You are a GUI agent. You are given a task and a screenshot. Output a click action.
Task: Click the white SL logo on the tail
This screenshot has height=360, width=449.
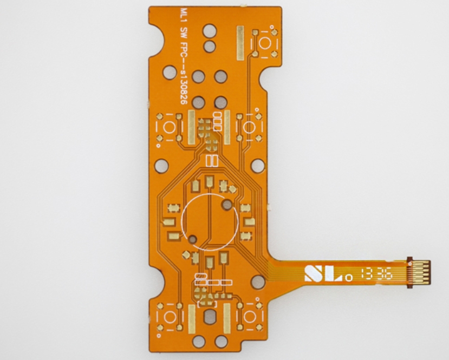click(x=323, y=273)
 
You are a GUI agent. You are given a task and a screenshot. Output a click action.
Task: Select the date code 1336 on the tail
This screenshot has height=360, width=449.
click(x=376, y=275)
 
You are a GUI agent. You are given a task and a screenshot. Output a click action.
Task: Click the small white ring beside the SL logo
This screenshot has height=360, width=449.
click(x=348, y=278)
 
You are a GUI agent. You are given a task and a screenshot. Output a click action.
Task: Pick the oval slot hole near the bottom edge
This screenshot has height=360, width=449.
click(x=209, y=317)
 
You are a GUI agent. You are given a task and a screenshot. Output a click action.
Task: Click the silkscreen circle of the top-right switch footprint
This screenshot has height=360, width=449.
click(x=265, y=43)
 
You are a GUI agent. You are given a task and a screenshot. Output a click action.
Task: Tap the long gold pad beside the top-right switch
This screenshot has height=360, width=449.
click(x=240, y=43)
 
